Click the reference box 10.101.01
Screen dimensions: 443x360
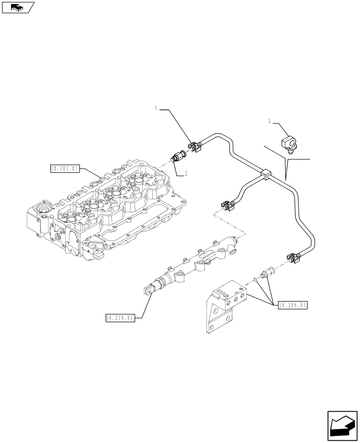65,168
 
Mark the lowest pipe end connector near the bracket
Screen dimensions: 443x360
293,257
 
